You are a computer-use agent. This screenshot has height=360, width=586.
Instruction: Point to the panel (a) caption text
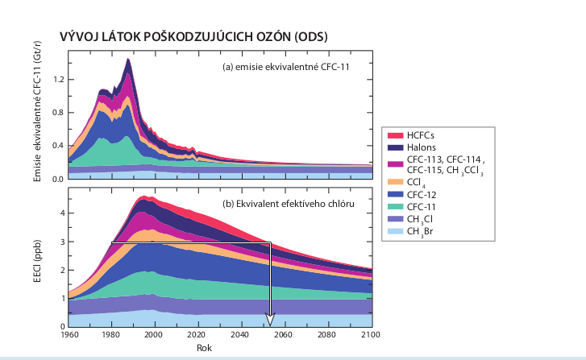287,67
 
